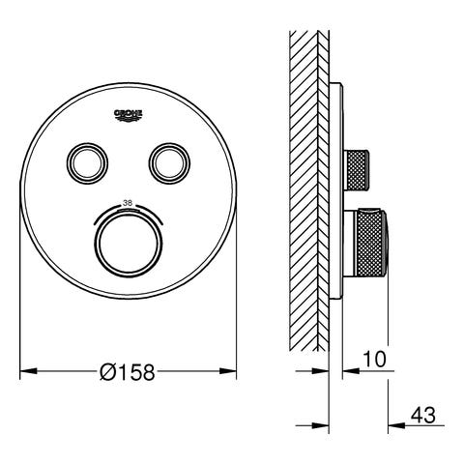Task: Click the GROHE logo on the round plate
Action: pos(129,115)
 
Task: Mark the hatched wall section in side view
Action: pos(309,193)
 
